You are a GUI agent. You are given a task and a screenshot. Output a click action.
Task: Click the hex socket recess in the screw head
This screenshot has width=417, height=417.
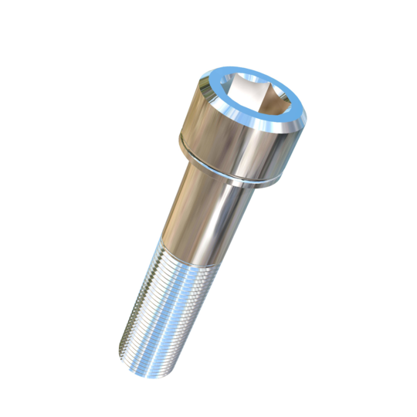(x=258, y=99)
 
